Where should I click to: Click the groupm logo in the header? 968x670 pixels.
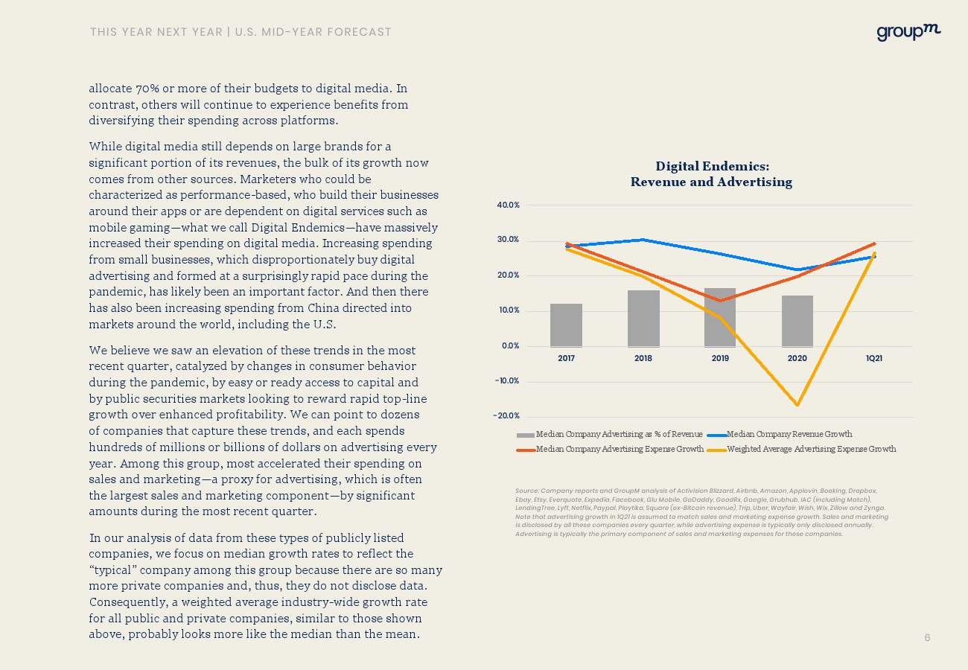point(908,32)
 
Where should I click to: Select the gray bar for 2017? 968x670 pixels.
point(566,325)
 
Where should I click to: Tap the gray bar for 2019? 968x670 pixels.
point(720,317)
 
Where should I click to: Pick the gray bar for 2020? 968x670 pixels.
point(797,321)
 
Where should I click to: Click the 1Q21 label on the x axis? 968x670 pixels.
point(874,358)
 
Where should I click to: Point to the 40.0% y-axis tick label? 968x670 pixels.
point(509,205)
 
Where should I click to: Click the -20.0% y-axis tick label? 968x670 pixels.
point(507,416)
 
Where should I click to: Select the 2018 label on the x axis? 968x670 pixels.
point(643,358)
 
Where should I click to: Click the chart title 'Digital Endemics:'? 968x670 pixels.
point(712,166)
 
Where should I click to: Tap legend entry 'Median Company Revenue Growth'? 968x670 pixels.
point(789,434)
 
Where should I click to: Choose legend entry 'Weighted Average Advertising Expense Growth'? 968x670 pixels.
point(811,449)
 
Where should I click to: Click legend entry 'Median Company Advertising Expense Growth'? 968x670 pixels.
point(620,449)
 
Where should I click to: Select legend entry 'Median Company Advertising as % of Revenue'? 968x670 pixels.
point(619,434)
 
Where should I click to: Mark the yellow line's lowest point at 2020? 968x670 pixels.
point(797,405)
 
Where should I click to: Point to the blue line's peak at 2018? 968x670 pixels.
point(643,240)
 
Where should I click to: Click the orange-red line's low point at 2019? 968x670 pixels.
point(720,301)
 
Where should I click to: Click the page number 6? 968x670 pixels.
point(927,638)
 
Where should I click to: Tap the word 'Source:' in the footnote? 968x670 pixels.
point(526,491)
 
